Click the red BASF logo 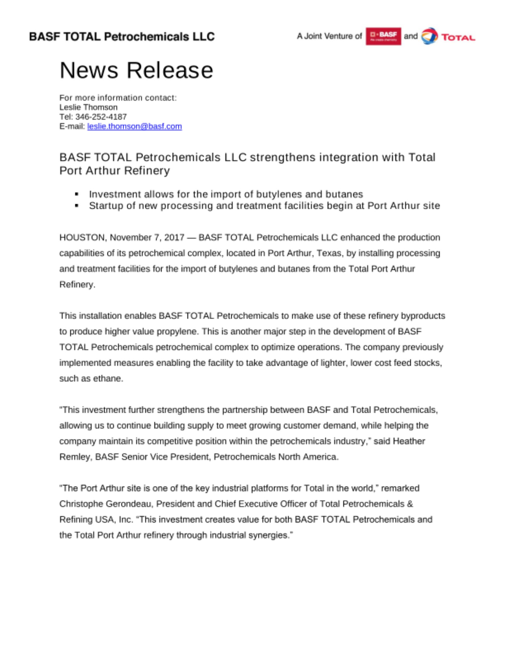click(383, 36)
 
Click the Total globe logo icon click(429, 36)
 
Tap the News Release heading click(136, 70)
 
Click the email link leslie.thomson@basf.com click(134, 126)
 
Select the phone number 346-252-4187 click(101, 117)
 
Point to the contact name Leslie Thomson click(88, 107)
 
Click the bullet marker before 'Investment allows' click(76, 194)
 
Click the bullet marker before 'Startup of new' click(76, 206)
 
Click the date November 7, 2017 click(147, 237)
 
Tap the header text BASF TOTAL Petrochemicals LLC click(122, 37)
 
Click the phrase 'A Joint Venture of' click(329, 36)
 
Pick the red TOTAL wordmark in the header click(458, 38)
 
